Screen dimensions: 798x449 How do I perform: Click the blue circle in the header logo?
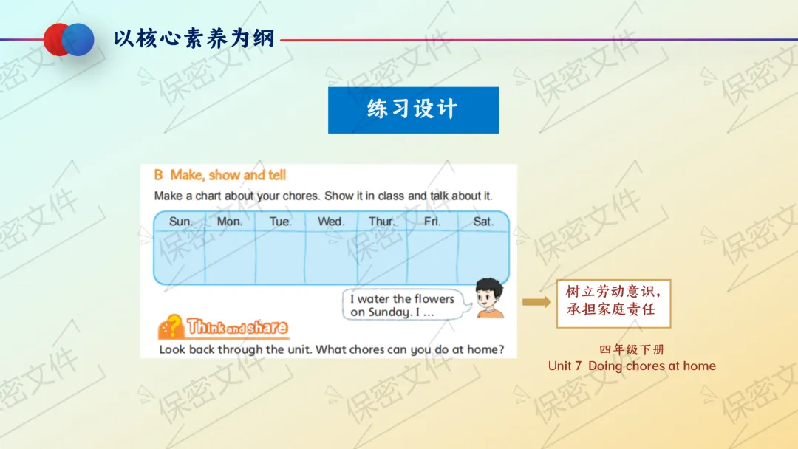pyautogui.click(x=78, y=39)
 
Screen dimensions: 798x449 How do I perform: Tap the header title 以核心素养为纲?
pyautogui.click(x=194, y=38)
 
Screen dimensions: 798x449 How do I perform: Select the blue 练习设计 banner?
pyautogui.click(x=413, y=110)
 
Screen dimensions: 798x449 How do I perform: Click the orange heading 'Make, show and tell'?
pyautogui.click(x=228, y=175)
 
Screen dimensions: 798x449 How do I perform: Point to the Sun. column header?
pyautogui.click(x=181, y=222)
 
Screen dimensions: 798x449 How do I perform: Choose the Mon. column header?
pyautogui.click(x=230, y=222)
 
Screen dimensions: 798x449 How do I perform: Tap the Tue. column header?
pyautogui.click(x=281, y=222)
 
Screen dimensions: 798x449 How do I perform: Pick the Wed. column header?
pyautogui.click(x=331, y=222)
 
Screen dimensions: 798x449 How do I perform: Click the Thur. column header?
pyautogui.click(x=382, y=222)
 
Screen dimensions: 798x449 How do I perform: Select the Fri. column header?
pyautogui.click(x=432, y=222)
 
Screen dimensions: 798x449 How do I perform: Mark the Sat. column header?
pyautogui.click(x=483, y=222)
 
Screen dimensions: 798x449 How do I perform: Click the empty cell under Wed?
pyautogui.click(x=331, y=257)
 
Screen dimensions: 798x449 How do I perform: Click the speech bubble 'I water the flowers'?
pyautogui.click(x=406, y=304)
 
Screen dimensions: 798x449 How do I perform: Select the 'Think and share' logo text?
pyautogui.click(x=237, y=327)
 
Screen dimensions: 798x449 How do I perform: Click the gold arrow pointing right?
pyautogui.click(x=536, y=302)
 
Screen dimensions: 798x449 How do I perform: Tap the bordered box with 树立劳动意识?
pyautogui.click(x=614, y=304)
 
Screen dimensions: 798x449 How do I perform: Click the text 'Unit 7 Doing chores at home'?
pyautogui.click(x=632, y=366)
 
